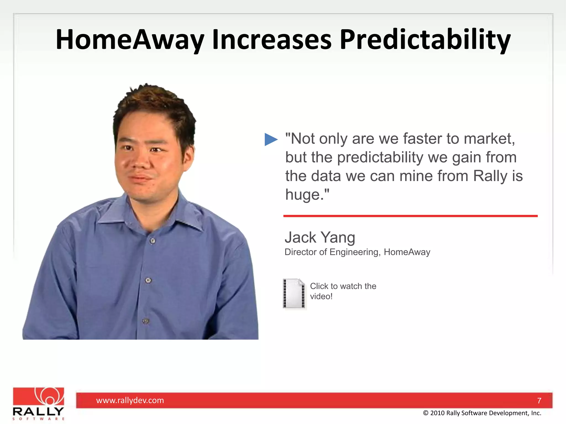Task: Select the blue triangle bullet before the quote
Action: pos(271,139)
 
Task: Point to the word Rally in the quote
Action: pos(490,176)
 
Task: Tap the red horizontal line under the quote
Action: pos(410,216)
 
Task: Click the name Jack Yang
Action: pos(320,237)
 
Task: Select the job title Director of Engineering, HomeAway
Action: pos(357,252)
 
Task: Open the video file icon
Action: pos(294,293)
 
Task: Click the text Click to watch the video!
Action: pos(343,291)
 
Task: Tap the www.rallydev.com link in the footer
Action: pos(130,400)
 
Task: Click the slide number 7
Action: pos(539,401)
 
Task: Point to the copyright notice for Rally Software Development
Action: pos(482,413)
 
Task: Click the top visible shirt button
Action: pos(153,241)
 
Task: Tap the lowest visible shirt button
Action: pos(146,321)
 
